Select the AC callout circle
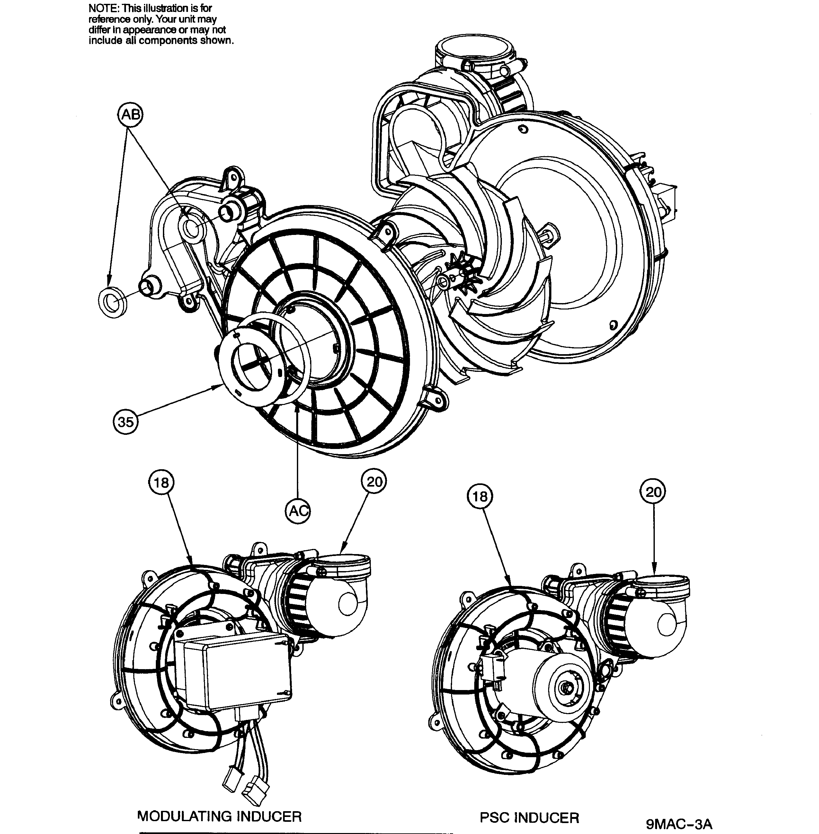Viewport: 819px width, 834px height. (298, 511)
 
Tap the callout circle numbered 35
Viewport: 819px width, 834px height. (126, 421)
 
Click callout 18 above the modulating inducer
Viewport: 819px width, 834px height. (161, 482)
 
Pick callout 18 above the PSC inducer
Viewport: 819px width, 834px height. (480, 497)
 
